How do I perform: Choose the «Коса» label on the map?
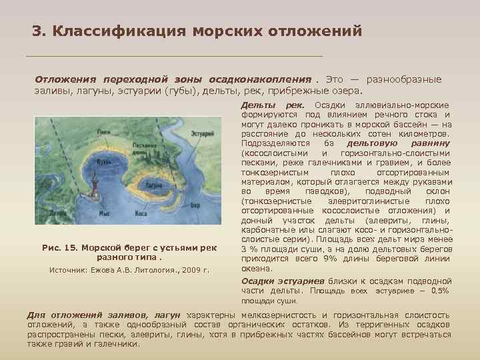click(x=142, y=214)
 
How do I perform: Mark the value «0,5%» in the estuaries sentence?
click(x=441, y=291)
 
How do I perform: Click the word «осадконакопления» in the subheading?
click(x=262, y=79)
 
